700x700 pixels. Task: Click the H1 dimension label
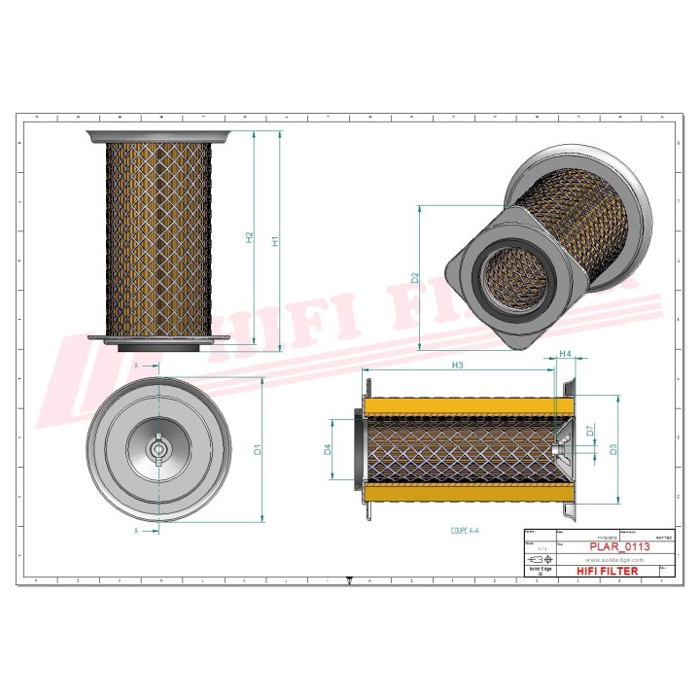tap(276, 240)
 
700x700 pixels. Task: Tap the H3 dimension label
tap(457, 365)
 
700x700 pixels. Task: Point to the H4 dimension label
tap(564, 356)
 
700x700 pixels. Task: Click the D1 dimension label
tap(258, 449)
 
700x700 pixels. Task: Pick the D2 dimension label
tap(415, 278)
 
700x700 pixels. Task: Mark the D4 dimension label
tap(328, 449)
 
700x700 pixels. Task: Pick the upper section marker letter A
tap(136, 363)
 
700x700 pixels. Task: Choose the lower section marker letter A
tap(136, 532)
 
